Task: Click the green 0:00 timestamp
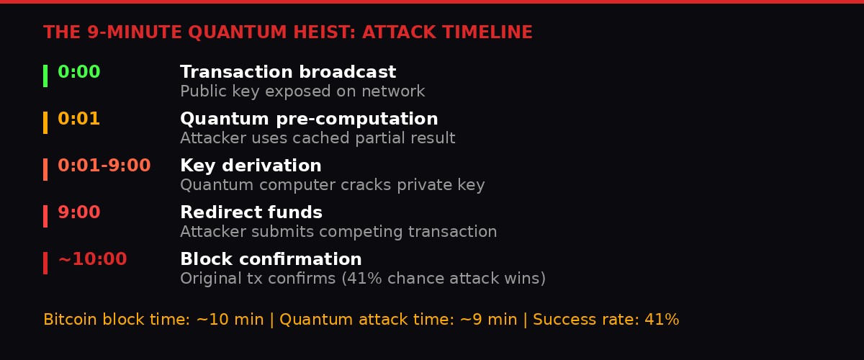tap(79, 73)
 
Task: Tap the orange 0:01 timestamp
tap(79, 120)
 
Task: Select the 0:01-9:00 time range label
tap(104, 166)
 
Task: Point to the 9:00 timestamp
tap(79, 213)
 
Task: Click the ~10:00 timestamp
tap(92, 260)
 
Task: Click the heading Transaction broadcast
tap(288, 73)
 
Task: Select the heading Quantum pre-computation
tap(309, 120)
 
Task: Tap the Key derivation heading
tap(251, 166)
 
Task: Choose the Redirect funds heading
tap(251, 213)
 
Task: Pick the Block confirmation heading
tap(271, 260)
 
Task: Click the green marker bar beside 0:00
tap(45, 76)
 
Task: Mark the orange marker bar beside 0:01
tap(45, 122)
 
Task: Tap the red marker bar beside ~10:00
tap(45, 263)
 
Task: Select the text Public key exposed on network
tap(302, 92)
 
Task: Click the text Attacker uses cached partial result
tap(318, 138)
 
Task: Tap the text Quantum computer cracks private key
tap(333, 185)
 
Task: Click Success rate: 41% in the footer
tap(606, 320)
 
